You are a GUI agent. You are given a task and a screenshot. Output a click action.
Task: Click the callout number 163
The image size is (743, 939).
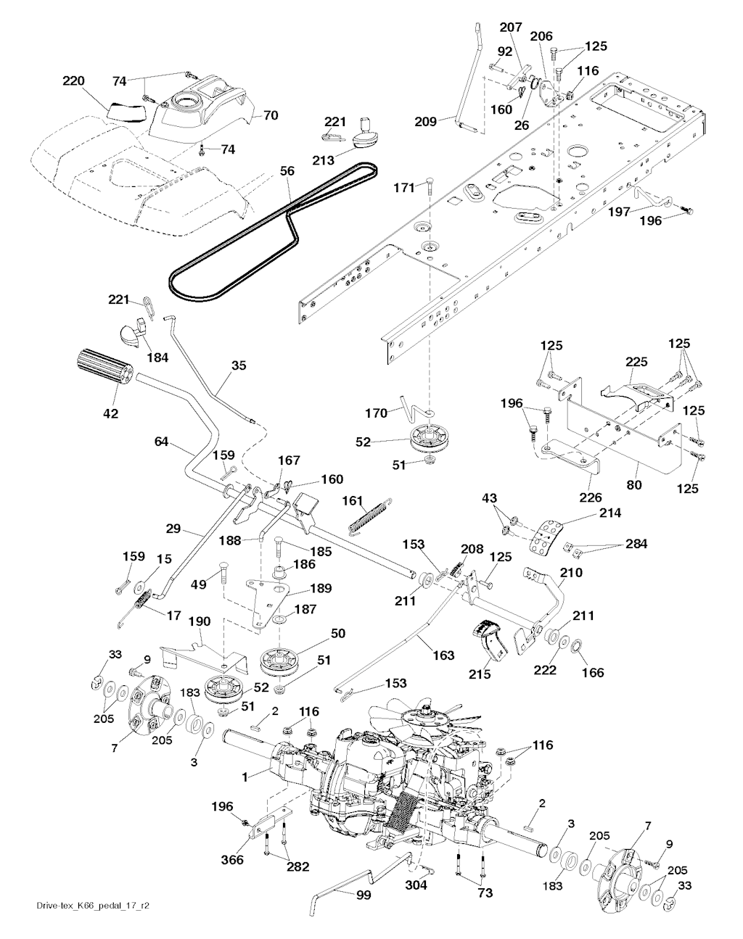[x=443, y=655]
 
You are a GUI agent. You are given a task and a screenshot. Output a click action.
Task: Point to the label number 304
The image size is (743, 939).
[x=416, y=885]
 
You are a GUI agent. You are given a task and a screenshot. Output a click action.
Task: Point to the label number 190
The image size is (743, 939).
[x=200, y=621]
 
